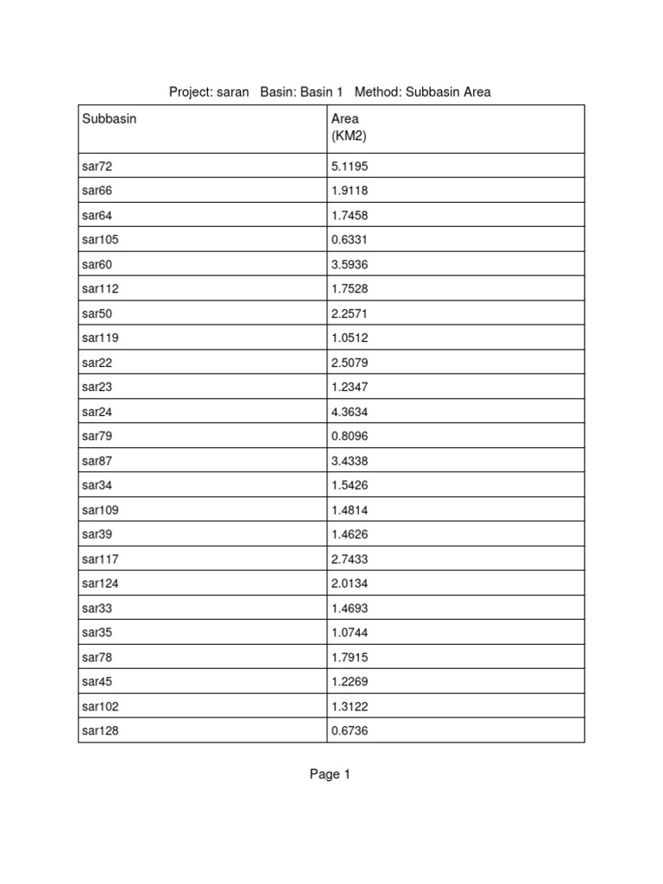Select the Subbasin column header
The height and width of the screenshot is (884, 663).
tap(109, 119)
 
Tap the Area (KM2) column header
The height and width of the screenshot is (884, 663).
tap(350, 127)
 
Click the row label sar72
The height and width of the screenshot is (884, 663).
tap(98, 166)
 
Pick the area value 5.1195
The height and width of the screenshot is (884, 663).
tap(350, 166)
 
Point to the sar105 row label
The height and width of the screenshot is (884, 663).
tap(100, 239)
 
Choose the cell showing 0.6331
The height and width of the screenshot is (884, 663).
tap(350, 239)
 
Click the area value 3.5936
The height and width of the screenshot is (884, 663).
tap(350, 264)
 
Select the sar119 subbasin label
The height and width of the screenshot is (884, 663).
tap(100, 338)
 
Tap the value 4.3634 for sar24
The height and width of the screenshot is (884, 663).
tap(350, 411)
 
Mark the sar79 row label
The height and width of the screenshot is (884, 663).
tap(98, 436)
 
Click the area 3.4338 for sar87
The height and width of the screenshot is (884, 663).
tap(350, 460)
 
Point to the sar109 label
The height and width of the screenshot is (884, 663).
tap(100, 509)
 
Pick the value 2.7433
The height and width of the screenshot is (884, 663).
tap(350, 559)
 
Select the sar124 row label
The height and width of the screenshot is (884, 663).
tap(100, 583)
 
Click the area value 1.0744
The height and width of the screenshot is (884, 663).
tap(350, 632)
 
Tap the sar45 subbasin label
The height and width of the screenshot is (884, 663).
tap(98, 681)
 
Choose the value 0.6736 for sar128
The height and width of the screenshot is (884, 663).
tap(350, 730)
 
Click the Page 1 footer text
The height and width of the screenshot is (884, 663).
tap(330, 774)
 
